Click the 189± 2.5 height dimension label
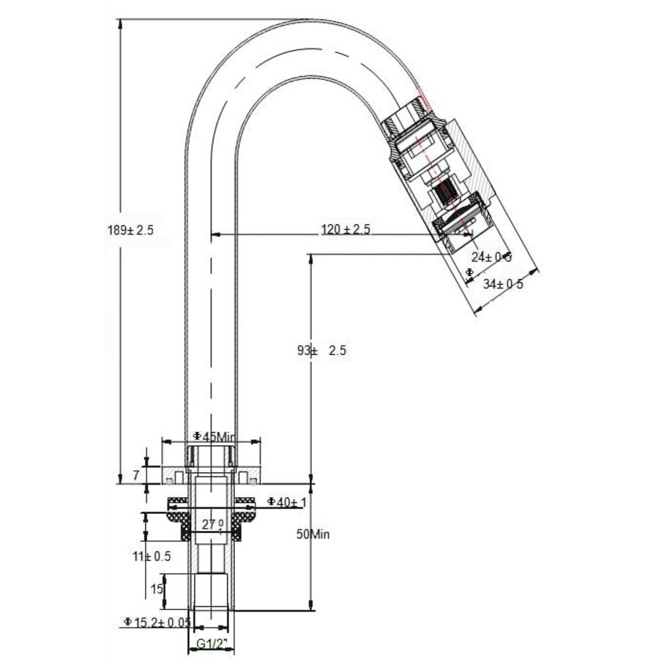[x=131, y=229]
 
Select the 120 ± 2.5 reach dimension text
[x=346, y=229]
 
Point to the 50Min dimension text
[x=313, y=534]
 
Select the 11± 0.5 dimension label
[x=152, y=556]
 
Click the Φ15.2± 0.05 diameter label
[x=157, y=622]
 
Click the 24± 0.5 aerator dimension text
[x=491, y=256]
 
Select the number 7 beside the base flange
[x=135, y=475]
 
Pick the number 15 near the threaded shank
[x=156, y=589]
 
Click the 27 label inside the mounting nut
[x=210, y=524]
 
